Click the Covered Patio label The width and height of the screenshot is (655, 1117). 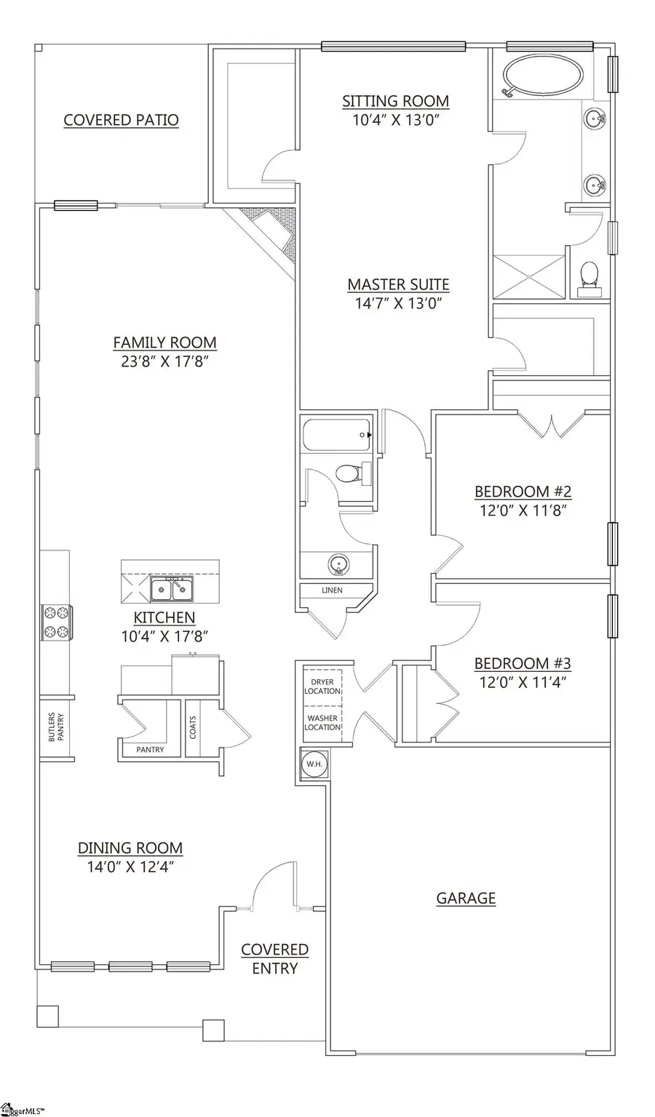tap(121, 120)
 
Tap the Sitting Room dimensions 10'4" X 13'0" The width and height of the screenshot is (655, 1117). tap(395, 120)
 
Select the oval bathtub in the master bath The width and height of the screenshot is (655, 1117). tap(544, 76)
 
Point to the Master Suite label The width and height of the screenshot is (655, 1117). tap(398, 284)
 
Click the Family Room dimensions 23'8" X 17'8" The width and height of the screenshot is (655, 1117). tap(164, 361)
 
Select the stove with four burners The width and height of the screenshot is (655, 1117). tap(56, 622)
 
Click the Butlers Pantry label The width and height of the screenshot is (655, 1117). tap(56, 725)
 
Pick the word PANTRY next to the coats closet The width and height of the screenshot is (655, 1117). tap(150, 749)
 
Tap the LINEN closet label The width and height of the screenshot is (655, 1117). tap(332, 590)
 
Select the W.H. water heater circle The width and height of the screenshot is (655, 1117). tap(314, 764)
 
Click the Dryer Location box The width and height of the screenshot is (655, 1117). tap(322, 686)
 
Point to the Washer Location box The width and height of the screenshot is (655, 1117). tap(322, 723)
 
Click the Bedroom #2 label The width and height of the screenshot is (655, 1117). tap(523, 492)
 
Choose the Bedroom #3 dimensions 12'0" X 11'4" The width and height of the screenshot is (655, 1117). tap(523, 682)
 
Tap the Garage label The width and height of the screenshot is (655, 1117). tap(466, 898)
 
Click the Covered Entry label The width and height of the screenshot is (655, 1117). tap(274, 958)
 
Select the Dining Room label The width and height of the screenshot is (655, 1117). tap(130, 848)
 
